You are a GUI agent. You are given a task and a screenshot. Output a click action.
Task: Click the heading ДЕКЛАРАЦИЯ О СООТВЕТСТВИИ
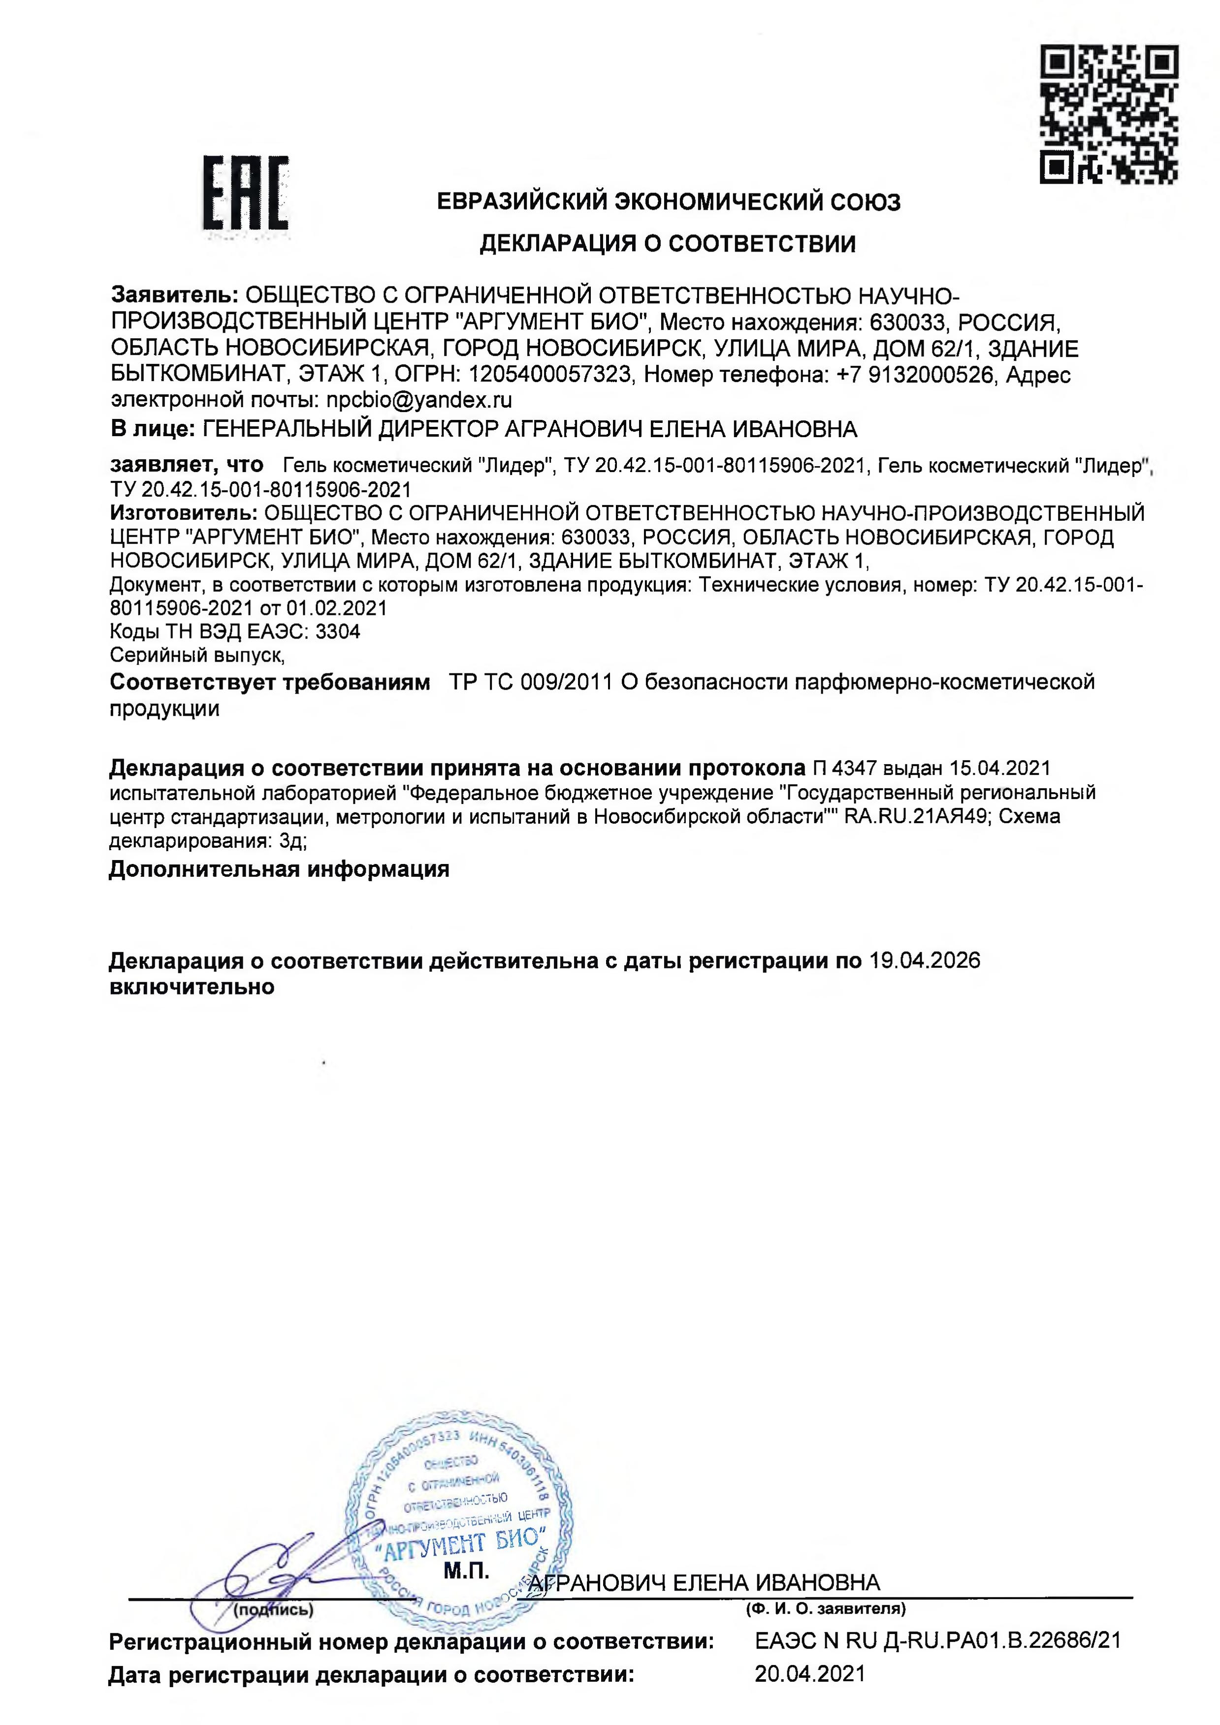pos(667,244)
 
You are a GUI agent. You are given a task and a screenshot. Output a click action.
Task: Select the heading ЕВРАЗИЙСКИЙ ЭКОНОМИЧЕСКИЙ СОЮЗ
pos(668,202)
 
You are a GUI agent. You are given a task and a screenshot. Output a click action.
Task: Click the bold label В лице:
pos(153,429)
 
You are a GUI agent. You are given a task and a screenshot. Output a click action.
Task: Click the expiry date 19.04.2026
pos(924,961)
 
